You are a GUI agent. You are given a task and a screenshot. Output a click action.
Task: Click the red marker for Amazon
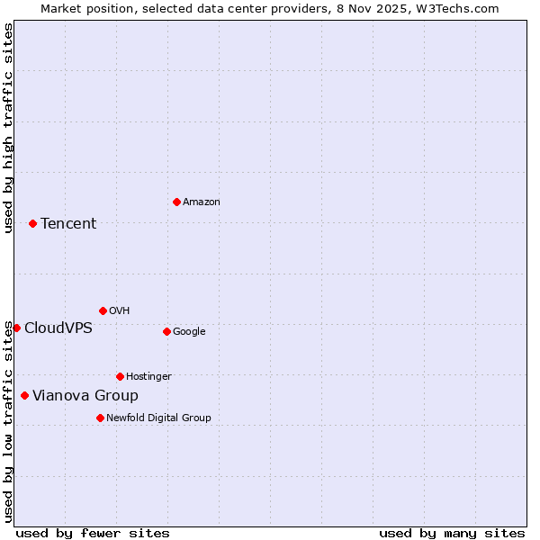point(176,202)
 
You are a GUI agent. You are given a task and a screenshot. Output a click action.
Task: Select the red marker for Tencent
point(32,223)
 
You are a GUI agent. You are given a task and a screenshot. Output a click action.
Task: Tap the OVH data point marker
point(103,310)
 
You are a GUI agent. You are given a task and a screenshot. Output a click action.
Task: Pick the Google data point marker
point(166,331)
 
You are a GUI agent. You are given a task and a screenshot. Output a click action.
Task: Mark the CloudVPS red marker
point(16,328)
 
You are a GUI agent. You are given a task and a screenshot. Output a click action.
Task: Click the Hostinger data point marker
point(120,376)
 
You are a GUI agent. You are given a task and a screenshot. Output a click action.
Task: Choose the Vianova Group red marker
point(24,395)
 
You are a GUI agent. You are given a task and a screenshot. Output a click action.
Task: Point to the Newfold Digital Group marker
point(100,418)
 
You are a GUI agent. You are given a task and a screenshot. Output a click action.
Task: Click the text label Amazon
point(202,202)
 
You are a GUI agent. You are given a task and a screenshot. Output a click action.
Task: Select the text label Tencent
point(68,224)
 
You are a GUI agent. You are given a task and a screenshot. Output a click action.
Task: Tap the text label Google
point(189,332)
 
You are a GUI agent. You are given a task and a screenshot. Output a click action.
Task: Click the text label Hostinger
point(148,377)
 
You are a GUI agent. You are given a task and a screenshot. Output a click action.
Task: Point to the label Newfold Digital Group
point(158,418)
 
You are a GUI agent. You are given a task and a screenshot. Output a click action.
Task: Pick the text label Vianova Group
point(85,396)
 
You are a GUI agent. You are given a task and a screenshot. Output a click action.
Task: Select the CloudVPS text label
point(58,328)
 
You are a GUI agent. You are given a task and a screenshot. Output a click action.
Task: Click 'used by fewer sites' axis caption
point(93,533)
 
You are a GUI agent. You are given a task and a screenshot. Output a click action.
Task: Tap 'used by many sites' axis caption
point(452,533)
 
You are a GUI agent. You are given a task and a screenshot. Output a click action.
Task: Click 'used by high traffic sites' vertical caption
point(8,128)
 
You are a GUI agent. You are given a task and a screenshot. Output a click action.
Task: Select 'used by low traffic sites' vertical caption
point(8,421)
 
